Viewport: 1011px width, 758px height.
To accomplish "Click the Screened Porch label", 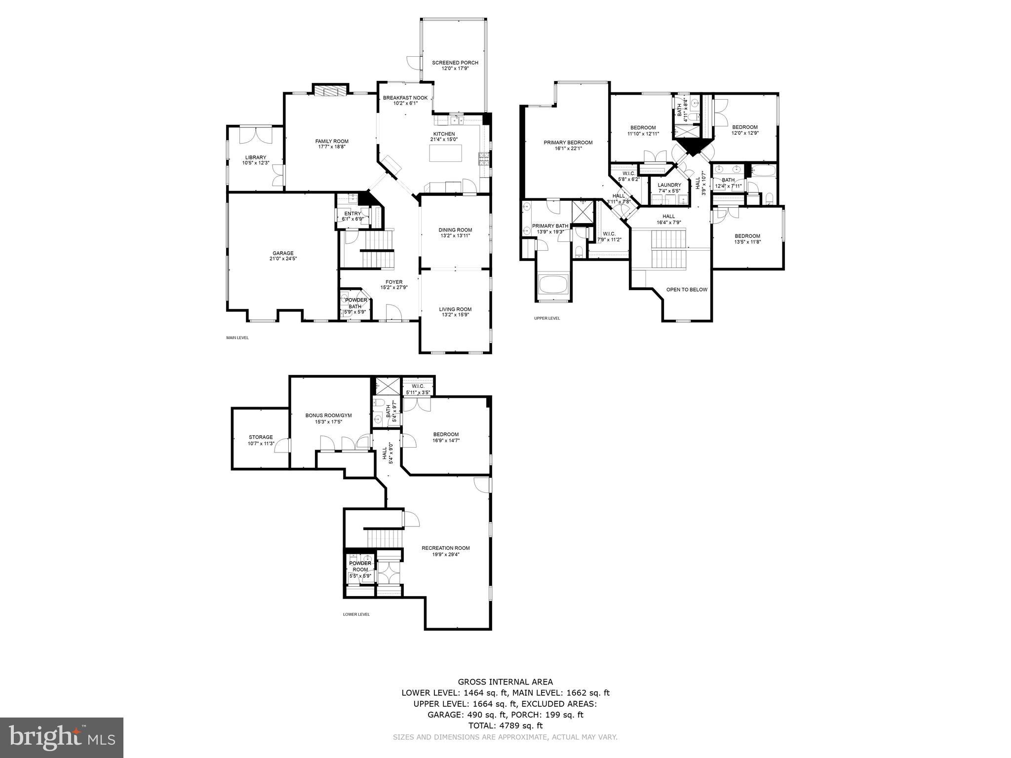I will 455,63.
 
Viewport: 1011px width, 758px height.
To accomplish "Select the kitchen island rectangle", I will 445,153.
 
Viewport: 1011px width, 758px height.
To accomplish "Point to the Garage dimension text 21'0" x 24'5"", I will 283,259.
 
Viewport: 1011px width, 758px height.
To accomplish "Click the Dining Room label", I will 455,229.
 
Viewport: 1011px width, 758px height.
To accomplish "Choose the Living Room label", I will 455,309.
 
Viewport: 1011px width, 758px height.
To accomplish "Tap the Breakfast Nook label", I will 405,98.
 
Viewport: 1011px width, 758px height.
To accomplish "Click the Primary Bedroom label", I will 568,143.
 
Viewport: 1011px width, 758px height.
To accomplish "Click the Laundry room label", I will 669,185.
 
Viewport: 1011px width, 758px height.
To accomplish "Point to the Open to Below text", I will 687,290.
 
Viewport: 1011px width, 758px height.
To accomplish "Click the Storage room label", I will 261,437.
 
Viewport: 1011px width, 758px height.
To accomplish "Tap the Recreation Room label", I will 445,548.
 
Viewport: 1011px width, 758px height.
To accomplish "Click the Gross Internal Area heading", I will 505,682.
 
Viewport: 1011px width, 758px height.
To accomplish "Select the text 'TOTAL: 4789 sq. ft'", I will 505,725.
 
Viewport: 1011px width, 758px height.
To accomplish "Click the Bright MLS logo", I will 62,738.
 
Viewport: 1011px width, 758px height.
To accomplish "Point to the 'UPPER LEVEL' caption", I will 547,318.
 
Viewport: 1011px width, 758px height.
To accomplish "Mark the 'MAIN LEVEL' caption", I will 237,338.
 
